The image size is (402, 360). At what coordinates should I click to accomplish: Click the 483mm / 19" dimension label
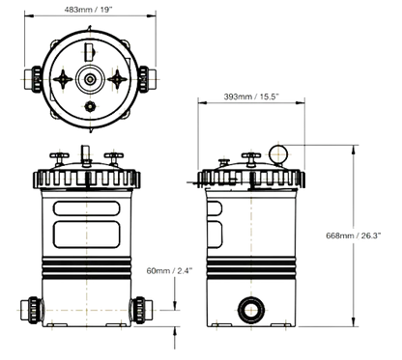pyautogui.click(x=88, y=10)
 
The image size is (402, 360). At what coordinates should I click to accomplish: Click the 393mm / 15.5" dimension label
pyautogui.click(x=251, y=97)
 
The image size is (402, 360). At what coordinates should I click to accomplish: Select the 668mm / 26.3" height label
pyautogui.click(x=354, y=235)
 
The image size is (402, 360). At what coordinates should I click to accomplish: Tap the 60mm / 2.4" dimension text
pyautogui.click(x=169, y=270)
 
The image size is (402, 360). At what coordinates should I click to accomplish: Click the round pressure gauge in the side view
pyautogui.click(x=278, y=154)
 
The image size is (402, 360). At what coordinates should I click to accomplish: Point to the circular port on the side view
pyautogui.click(x=251, y=310)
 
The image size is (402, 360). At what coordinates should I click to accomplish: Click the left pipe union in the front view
pyautogui.click(x=31, y=310)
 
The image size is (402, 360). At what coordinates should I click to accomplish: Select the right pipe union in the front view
pyautogui.click(x=141, y=310)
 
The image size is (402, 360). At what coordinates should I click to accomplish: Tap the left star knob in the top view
pyautogui.click(x=63, y=79)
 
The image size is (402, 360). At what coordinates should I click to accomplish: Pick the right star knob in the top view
pyautogui.click(x=117, y=79)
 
